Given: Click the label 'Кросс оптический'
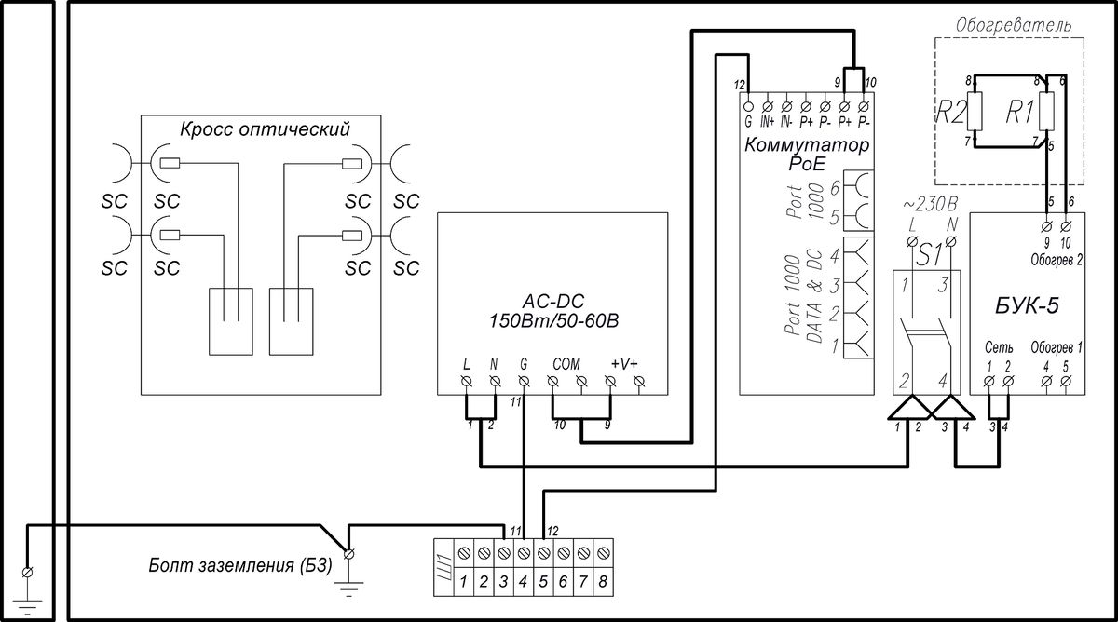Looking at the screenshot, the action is tap(265, 129).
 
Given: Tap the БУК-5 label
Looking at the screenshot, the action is tap(1027, 305).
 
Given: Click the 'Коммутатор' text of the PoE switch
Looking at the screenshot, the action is tap(807, 145).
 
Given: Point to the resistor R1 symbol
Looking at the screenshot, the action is tap(1046, 112).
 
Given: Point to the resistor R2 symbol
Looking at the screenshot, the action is tap(975, 112).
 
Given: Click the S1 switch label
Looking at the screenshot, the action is tap(930, 256).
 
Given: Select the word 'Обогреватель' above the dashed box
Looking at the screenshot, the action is tap(1014, 25).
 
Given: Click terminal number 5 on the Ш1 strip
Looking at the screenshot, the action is tap(543, 582).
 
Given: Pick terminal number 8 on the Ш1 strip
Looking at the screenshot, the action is tap(603, 582).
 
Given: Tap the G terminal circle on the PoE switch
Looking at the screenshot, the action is tap(748, 106).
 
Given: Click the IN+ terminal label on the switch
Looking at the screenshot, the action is tap(768, 122).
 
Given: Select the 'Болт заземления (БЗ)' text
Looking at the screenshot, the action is tap(240, 566).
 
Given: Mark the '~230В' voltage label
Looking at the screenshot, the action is tap(931, 205).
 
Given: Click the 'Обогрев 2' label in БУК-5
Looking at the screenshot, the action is tap(1057, 260).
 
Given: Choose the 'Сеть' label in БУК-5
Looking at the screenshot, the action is tap(999, 347).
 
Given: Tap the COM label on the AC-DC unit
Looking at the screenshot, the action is tap(566, 364).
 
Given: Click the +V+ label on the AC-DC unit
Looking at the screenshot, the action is tap(624, 364).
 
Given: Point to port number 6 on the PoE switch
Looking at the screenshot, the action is tap(835, 188).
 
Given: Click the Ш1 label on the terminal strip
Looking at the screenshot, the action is tap(443, 568).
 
